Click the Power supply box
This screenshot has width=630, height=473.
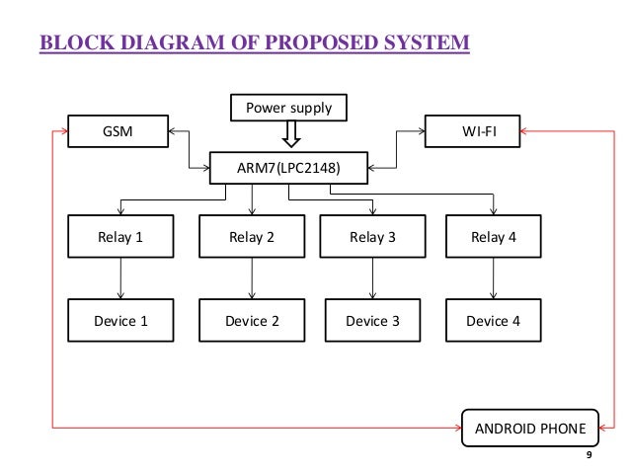(288, 108)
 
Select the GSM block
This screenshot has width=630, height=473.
(118, 131)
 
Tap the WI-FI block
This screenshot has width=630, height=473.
(472, 131)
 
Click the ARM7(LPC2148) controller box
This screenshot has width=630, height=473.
(288, 168)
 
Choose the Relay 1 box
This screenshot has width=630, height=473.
(120, 237)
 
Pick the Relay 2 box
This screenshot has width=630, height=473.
(252, 237)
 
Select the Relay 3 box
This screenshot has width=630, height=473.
(372, 237)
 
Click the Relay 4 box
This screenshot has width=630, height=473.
(494, 237)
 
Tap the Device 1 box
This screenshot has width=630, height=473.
(120, 320)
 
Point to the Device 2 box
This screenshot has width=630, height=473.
(252, 320)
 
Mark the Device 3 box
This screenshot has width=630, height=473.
(372, 320)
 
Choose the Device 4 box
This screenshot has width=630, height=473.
(494, 320)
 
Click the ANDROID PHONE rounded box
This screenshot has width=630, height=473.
(530, 428)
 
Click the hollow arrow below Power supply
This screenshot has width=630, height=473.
(291, 134)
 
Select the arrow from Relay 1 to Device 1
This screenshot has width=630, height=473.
(120, 278)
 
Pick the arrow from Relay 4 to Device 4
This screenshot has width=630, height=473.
(494, 278)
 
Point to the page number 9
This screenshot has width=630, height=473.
(589, 455)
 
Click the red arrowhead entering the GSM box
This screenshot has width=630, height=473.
(64, 131)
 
